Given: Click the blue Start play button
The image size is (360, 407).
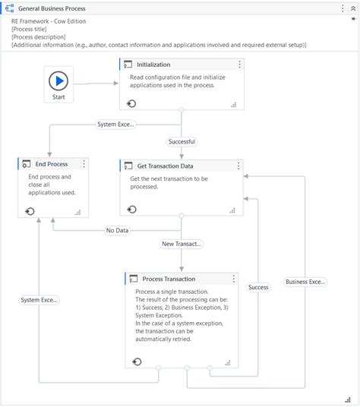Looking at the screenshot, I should point(58,81).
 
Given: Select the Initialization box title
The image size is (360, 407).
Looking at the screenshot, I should point(153,65).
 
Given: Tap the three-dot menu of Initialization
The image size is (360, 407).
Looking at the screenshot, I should point(239,65).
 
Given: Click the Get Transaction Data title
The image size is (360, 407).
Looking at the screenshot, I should point(165,166).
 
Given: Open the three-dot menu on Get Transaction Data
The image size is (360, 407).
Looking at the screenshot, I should point(239,166).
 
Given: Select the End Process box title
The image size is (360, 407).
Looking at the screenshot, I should point(52,164).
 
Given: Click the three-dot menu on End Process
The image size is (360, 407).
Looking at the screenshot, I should point(84,164).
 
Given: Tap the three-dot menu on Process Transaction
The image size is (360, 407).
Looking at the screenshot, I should point(233,279).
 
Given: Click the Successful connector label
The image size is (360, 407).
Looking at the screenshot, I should point(182,141).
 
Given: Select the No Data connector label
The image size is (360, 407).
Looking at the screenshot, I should point(116,230).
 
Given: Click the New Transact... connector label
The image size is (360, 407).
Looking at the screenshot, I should point(182,244).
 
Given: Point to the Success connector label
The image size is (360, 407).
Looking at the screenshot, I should point(258,287).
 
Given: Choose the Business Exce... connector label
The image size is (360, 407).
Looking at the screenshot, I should point(305,282).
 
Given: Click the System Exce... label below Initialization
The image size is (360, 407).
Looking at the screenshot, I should point(115,124).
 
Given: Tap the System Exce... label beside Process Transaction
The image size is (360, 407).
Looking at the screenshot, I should point(39,300).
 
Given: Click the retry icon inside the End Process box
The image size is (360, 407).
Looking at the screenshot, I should point(30,211).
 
